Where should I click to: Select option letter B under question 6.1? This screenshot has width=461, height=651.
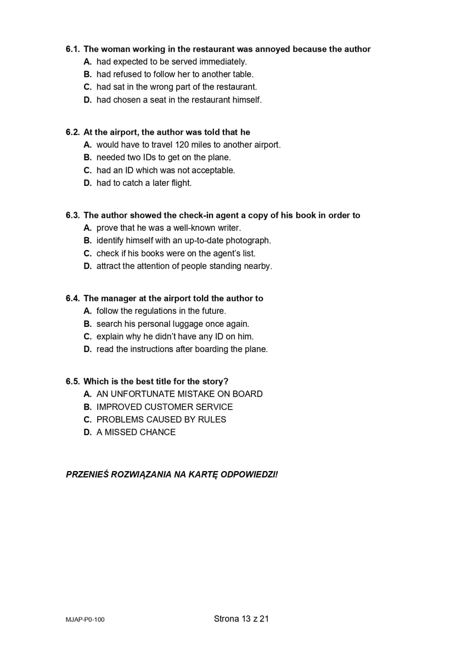[87, 74]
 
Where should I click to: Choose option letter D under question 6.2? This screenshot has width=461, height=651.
[87, 183]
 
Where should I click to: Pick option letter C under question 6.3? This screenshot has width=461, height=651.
[87, 253]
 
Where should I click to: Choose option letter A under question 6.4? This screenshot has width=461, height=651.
[87, 311]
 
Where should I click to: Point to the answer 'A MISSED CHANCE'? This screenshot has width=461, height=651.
[136, 432]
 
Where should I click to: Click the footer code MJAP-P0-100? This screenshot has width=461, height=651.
[85, 620]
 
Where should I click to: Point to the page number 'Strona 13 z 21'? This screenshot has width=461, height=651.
[241, 619]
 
